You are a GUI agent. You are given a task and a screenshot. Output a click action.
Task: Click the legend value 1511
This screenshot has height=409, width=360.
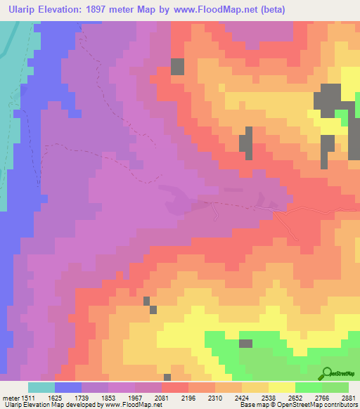(x=29, y=397)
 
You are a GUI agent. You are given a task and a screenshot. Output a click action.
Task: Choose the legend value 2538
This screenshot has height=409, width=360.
(x=269, y=397)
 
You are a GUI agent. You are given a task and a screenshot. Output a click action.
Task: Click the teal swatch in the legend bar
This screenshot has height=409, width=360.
(x=41, y=387)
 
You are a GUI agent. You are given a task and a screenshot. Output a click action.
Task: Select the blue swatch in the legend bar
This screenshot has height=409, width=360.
(x=68, y=387)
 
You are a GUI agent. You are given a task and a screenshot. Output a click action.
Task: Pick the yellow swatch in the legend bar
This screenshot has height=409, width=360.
(x=282, y=387)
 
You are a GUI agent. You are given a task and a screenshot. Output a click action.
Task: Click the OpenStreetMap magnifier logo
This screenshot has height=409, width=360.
(x=327, y=373)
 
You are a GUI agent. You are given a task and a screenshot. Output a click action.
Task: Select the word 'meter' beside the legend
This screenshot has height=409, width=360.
(x=11, y=397)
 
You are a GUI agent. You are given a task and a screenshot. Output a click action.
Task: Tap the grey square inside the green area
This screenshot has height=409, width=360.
(x=245, y=344)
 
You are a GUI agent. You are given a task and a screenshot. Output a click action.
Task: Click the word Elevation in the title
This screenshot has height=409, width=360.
(x=69, y=8)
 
